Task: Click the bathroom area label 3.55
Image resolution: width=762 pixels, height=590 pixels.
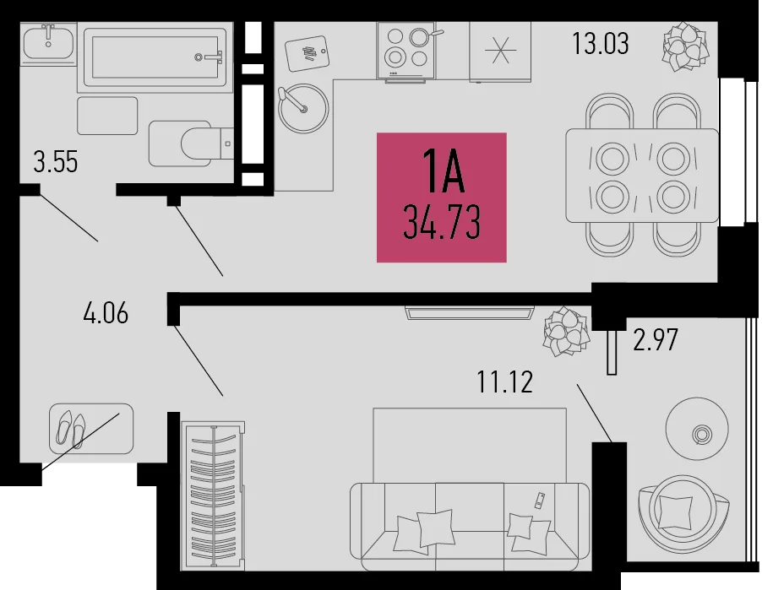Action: coord(56,162)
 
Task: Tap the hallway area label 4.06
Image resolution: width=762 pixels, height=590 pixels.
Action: coord(106,312)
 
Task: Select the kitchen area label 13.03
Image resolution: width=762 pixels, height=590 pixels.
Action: coord(600,43)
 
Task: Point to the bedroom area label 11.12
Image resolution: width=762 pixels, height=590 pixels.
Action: coord(505,382)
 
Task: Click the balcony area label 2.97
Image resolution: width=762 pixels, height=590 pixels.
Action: coord(655,339)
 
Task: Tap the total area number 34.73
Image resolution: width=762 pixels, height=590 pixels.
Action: coord(442,222)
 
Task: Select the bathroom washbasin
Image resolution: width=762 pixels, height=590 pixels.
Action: coord(49,43)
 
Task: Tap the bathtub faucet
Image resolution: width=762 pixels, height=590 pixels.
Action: coord(209,57)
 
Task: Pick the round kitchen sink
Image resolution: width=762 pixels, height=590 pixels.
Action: coord(303,108)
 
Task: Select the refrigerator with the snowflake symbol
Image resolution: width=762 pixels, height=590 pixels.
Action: coord(500,51)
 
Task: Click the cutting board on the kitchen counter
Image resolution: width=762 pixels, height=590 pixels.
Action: coord(308,53)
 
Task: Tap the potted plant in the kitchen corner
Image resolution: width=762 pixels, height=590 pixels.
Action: coord(686,46)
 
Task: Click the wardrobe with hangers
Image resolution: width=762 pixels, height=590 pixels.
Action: coord(213,495)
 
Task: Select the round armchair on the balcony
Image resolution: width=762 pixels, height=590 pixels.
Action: coord(683,512)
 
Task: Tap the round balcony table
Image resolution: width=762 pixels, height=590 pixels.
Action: coord(697,429)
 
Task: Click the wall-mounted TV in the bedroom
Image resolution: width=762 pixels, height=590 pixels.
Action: coord(470,312)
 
